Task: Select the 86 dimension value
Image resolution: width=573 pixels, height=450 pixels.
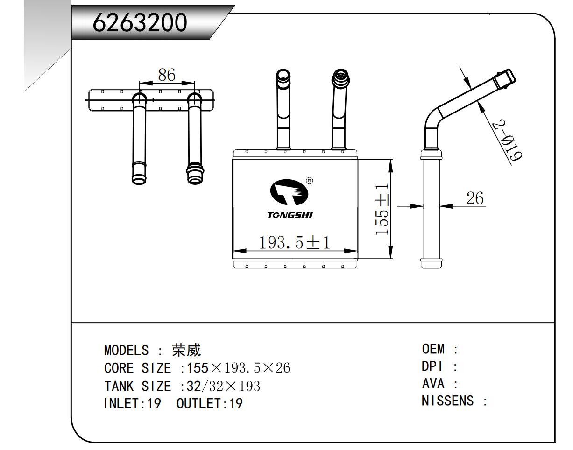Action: [166, 75]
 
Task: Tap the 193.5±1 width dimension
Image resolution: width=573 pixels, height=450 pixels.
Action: [294, 242]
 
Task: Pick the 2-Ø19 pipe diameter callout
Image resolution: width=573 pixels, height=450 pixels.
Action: [506, 140]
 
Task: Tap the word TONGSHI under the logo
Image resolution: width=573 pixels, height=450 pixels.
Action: [290, 215]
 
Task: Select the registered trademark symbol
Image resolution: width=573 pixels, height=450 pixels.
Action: [309, 181]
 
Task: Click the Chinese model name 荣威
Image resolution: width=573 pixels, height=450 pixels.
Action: [186, 350]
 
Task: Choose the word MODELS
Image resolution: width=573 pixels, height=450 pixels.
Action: [127, 350]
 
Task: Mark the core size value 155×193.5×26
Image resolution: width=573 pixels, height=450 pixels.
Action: [238, 368]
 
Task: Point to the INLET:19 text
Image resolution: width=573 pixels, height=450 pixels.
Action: [132, 403]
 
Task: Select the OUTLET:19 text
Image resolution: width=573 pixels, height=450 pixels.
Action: [210, 403]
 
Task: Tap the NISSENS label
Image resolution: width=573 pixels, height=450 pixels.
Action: [447, 401]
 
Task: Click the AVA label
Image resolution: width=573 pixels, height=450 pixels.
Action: [433, 384]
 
